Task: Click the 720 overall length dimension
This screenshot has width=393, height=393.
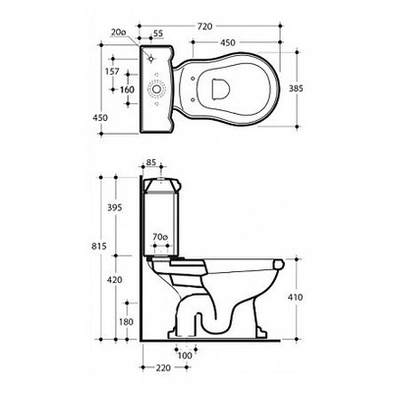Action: [204, 27]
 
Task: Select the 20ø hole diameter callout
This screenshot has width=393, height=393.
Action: [118, 32]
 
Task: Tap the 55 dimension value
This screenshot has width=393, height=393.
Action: [158, 33]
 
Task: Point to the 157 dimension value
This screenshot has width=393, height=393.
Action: [112, 72]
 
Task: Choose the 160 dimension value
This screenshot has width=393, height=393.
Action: [127, 89]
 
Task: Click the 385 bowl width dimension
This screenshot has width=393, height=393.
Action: [296, 88]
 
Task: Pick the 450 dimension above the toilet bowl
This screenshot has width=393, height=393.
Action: [227, 43]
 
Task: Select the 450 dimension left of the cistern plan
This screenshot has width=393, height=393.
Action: [100, 118]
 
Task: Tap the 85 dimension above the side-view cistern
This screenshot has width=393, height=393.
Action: [151, 162]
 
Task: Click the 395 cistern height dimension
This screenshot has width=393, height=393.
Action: [114, 207]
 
